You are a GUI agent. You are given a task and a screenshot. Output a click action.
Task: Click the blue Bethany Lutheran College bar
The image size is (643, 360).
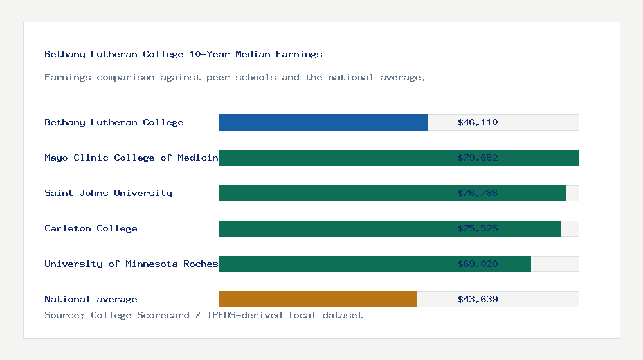coord(323,122)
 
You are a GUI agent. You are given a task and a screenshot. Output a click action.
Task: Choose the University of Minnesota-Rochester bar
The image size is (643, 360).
coord(334,264)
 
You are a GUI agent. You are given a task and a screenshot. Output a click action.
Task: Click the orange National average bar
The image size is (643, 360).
coord(318,299)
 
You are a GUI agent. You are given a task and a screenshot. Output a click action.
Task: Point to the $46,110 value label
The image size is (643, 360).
coord(478,122)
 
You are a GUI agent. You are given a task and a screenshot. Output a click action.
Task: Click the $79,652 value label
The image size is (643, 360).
coord(478,157)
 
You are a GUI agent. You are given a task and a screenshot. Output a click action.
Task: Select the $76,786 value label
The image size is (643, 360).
coord(478,193)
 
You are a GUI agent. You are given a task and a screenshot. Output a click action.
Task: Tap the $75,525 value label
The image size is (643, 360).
coord(478,228)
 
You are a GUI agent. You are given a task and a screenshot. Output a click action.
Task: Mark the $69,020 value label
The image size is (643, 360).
coord(478,264)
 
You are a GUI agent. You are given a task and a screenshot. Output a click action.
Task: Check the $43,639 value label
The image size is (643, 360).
coord(478,299)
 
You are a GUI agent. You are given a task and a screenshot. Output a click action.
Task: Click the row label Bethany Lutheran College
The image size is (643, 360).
coord(114,122)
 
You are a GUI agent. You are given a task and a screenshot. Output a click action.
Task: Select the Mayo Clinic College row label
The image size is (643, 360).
coord(131,157)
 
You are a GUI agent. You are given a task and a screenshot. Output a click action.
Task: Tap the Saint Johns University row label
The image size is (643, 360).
coord(108,193)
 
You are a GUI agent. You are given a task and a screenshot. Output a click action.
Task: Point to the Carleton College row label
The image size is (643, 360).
coord(91,228)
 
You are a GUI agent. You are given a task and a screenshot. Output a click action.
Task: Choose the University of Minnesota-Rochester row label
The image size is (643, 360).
coord(131,264)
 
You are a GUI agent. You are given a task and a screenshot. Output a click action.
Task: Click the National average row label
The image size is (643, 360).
coord(91,299)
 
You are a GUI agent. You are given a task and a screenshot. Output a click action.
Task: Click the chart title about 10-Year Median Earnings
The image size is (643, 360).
coord(183,54)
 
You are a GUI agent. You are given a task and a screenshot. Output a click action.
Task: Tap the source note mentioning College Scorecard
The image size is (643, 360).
coord(203,315)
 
